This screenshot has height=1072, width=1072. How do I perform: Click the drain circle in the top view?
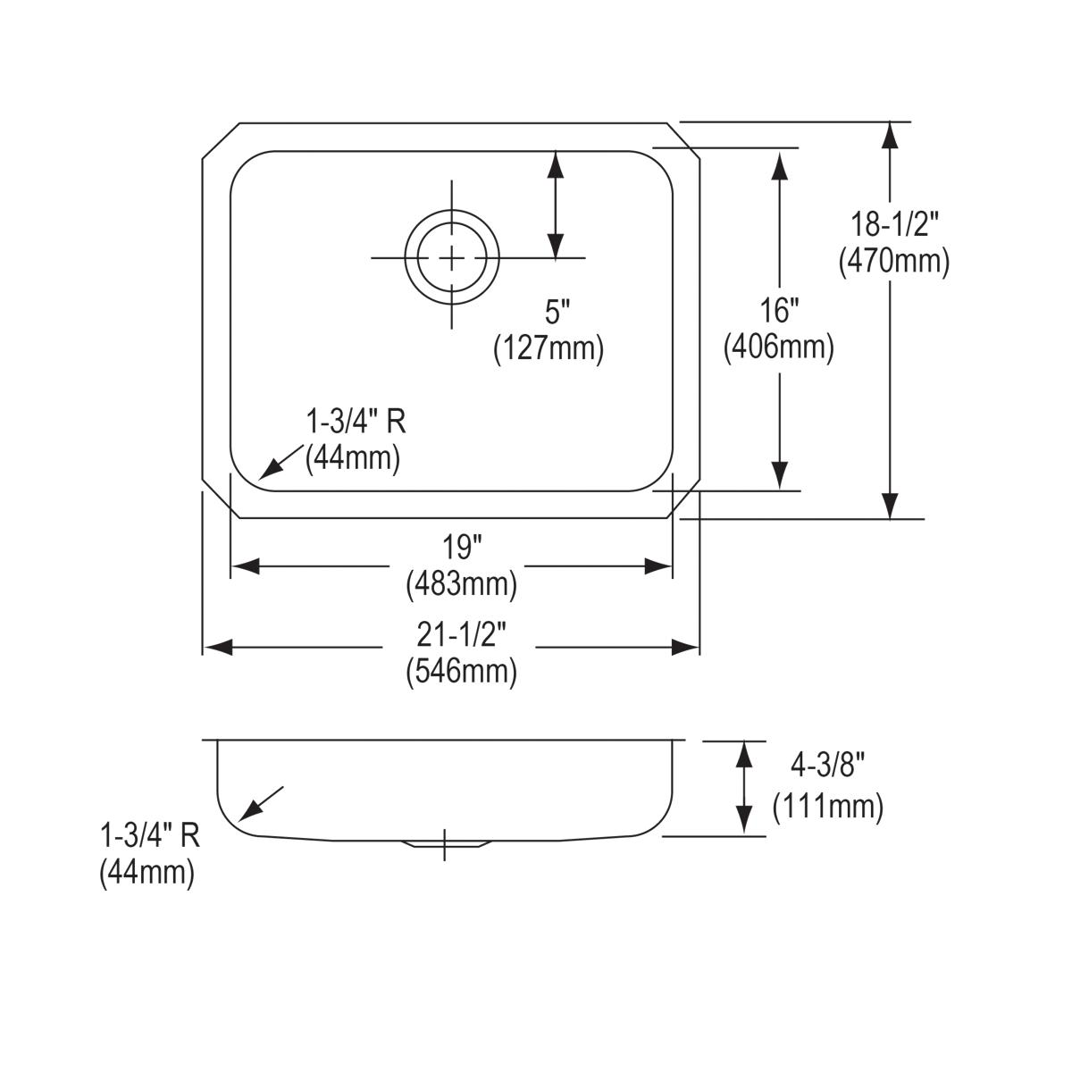tap(451, 258)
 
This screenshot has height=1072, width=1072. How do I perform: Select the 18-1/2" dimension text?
tap(893, 223)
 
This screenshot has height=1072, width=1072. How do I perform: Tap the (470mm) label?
tap(893, 262)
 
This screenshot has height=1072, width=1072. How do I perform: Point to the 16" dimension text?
tap(778, 311)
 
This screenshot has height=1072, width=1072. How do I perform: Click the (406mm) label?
tap(778, 348)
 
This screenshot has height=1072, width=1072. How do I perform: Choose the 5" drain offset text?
tap(557, 312)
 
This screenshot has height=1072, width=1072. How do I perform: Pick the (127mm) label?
tap(549, 348)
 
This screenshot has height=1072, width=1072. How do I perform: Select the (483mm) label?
tap(461, 584)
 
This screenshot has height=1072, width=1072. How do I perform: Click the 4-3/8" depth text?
tap(827, 766)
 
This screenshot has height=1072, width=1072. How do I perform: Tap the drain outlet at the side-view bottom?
tap(445, 843)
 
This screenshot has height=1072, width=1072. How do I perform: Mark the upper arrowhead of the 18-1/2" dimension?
tap(890, 136)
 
